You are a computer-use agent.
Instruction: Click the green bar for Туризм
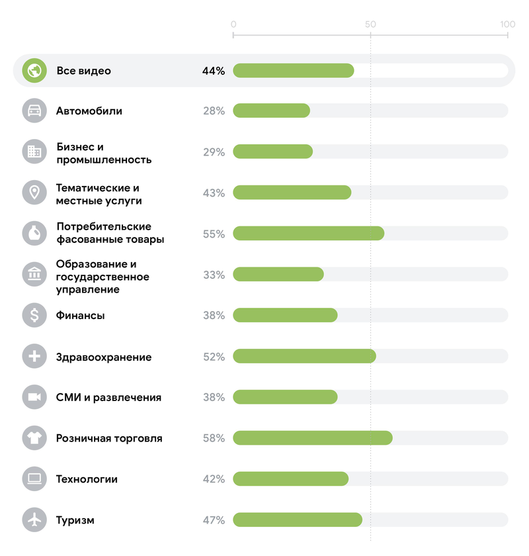tap(298, 520)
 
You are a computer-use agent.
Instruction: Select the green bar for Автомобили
tap(271, 111)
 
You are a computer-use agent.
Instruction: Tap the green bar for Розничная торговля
tap(312, 438)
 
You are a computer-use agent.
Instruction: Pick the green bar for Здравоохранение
tap(304, 356)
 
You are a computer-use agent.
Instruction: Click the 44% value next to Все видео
tap(214, 71)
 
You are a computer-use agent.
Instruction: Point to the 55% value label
tap(214, 234)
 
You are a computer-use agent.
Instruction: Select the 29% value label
tap(214, 152)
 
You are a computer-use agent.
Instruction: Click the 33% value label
tap(214, 275)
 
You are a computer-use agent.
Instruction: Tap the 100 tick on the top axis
tap(507, 24)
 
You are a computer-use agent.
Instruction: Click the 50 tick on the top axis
tap(370, 24)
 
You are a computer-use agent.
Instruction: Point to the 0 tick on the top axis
tap(233, 24)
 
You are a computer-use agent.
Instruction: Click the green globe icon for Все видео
tap(34, 70)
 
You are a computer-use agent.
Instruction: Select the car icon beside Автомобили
tap(34, 111)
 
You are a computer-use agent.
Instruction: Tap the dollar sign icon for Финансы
tap(34, 315)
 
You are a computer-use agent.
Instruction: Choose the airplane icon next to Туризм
tap(34, 520)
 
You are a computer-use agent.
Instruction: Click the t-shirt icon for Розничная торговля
tap(34, 438)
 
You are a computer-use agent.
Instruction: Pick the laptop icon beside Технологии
tap(34, 479)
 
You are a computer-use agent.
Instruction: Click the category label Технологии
tap(87, 479)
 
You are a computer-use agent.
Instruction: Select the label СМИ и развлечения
tap(108, 397)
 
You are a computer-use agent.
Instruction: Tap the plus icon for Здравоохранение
tap(34, 356)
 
